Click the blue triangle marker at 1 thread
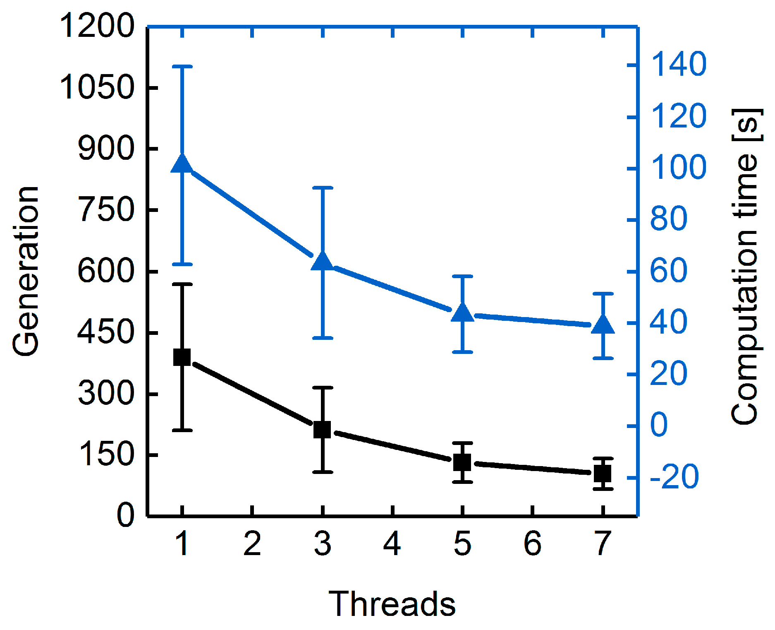[182, 164]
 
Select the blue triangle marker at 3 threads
[322, 262]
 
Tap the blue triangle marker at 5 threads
[462, 313]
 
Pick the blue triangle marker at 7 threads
[603, 325]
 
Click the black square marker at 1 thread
[182, 357]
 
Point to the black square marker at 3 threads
[322, 430]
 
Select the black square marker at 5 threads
[462, 462]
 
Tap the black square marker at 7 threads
[603, 473]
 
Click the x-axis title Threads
[392, 604]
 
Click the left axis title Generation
[26, 271]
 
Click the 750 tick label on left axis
[106, 210]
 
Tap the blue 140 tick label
[679, 65]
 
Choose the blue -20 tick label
[674, 477]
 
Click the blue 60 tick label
[668, 271]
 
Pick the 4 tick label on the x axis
[392, 543]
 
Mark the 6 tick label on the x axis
[532, 543]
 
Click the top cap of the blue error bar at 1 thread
[182, 66]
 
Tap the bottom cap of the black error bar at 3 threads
[322, 472]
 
